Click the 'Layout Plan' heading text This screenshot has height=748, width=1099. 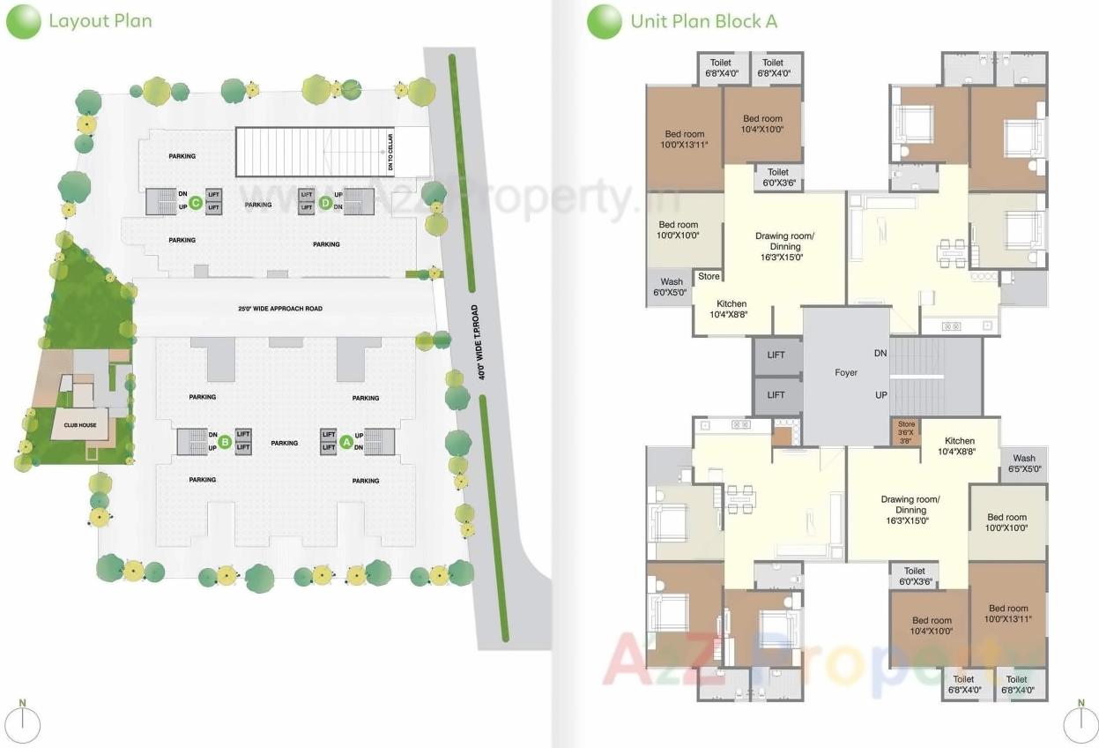pyautogui.click(x=100, y=20)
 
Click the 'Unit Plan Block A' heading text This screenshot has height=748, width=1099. pyautogui.click(x=703, y=21)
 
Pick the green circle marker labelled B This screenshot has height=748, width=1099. pyautogui.click(x=225, y=441)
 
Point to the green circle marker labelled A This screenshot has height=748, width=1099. pyautogui.click(x=346, y=441)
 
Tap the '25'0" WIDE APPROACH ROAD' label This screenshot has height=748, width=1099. pyautogui.click(x=280, y=310)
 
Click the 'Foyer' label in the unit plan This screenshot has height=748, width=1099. pyautogui.click(x=846, y=373)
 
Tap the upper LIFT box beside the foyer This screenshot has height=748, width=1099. pyautogui.click(x=776, y=355)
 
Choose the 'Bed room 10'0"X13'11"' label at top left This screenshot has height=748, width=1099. pyautogui.click(x=684, y=138)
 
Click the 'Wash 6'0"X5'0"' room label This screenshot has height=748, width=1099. pyautogui.click(x=671, y=288)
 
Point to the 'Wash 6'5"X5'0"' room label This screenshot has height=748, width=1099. pyautogui.click(x=1024, y=463)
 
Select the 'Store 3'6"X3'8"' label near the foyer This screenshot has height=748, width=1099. pyautogui.click(x=906, y=432)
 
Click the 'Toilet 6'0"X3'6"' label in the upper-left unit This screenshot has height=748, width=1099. pyautogui.click(x=777, y=177)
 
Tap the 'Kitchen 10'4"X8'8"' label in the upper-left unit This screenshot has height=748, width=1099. pyautogui.click(x=731, y=309)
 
